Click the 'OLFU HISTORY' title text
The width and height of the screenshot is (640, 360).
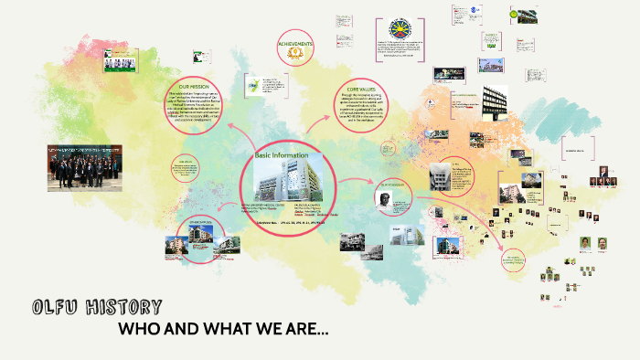(x=96, y=307)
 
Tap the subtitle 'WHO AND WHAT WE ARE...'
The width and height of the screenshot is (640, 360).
(x=223, y=328)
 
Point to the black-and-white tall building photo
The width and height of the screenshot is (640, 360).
(x=494, y=101)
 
